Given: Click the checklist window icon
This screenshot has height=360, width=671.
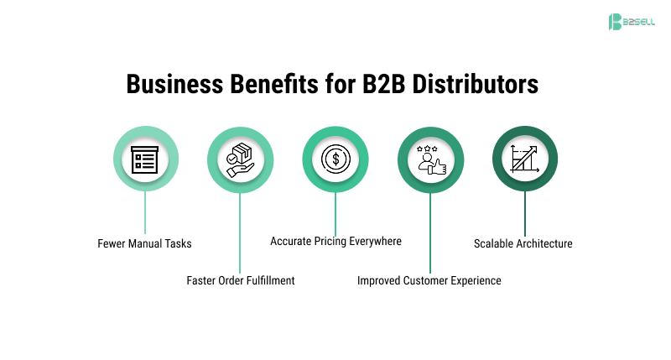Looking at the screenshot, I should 145,159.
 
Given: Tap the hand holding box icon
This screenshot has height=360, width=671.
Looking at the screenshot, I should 240,159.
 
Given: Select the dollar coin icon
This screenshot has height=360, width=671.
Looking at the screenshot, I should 335,159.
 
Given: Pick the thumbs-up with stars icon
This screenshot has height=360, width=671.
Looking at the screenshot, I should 430,159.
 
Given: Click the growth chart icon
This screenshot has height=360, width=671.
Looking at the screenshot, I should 525,159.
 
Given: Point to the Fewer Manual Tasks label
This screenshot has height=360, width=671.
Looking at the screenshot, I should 145,244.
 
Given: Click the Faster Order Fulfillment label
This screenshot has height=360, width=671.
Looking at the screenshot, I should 241,280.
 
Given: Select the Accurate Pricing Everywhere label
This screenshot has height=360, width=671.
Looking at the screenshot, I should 335,241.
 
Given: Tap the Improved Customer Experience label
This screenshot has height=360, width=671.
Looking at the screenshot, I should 429,280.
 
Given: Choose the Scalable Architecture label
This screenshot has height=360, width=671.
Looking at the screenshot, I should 523,244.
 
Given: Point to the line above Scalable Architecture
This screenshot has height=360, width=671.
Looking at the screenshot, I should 525,213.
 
